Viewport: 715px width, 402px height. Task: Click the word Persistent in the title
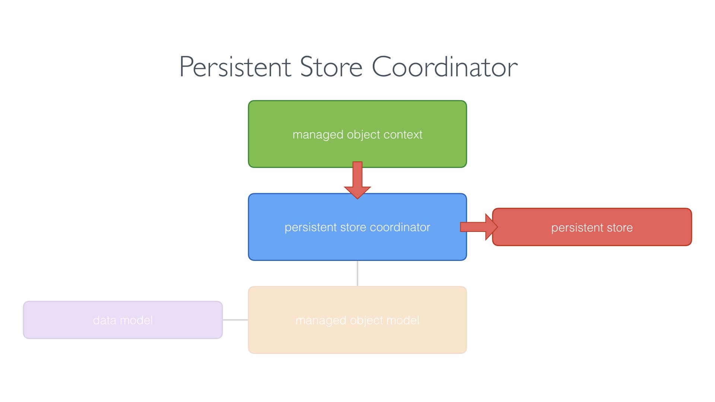pos(235,67)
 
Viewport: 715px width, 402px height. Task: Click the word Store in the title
pos(331,67)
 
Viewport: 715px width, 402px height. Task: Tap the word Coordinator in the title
pos(445,67)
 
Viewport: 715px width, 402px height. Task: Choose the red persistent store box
pos(592,238)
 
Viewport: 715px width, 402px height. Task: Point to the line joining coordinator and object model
pos(357,273)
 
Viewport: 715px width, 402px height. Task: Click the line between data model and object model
pos(235,320)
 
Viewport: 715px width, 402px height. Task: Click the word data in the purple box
pos(105,320)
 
